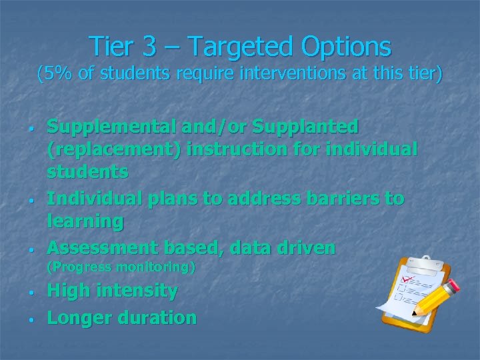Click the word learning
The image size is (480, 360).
[x=85, y=221]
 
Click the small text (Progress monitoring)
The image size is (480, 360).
[x=121, y=267]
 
